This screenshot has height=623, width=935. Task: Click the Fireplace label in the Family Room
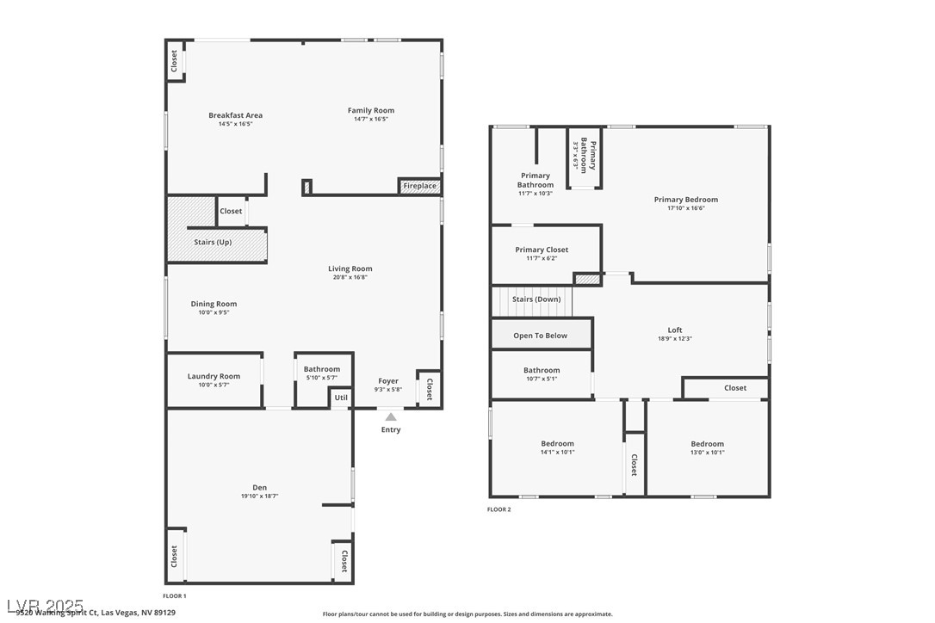tap(420, 186)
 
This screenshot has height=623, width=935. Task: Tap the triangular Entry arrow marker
tap(391, 417)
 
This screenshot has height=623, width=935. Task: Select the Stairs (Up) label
tap(212, 243)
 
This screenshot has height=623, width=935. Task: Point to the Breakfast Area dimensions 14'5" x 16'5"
tap(235, 124)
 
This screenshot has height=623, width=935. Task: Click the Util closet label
tap(341, 398)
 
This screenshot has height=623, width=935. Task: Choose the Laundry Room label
tap(214, 376)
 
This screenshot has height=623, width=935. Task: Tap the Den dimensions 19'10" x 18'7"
tap(259, 497)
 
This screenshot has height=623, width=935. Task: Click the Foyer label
tap(388, 380)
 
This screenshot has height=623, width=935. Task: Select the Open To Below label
tap(540, 336)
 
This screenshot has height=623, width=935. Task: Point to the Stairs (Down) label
tap(536, 299)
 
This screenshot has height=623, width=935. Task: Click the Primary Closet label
tap(542, 250)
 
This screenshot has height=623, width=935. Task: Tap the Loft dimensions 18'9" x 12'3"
tap(674, 339)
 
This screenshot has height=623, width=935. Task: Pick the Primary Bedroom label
tap(685, 200)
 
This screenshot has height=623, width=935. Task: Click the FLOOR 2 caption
tap(498, 509)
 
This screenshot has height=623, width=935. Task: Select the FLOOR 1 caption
tap(174, 595)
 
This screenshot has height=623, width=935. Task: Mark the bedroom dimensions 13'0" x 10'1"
tap(707, 453)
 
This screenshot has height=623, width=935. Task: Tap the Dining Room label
tap(214, 304)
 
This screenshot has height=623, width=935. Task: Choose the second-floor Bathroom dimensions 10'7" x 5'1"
tap(542, 379)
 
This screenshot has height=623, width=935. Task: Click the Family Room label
tap(371, 110)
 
